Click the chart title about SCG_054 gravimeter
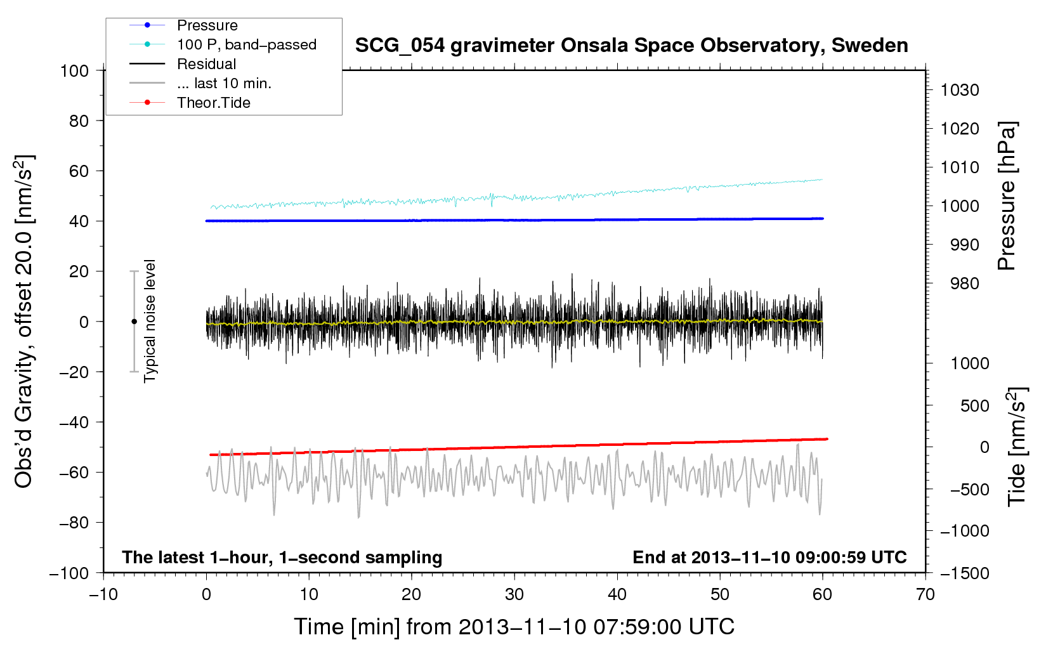(x=631, y=46)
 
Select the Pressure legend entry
(x=207, y=25)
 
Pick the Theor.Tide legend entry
(x=213, y=103)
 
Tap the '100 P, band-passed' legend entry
(x=246, y=44)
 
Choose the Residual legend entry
(x=206, y=64)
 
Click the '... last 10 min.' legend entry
(x=223, y=83)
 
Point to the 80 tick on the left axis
(x=79, y=121)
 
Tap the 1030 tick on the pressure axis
(x=959, y=90)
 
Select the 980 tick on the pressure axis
(x=964, y=284)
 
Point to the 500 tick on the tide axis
(x=974, y=405)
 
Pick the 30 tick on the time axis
(x=514, y=594)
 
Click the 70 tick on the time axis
(x=925, y=594)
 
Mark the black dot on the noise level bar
(x=134, y=322)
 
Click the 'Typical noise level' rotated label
(x=150, y=321)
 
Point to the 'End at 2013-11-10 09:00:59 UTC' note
(x=769, y=557)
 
